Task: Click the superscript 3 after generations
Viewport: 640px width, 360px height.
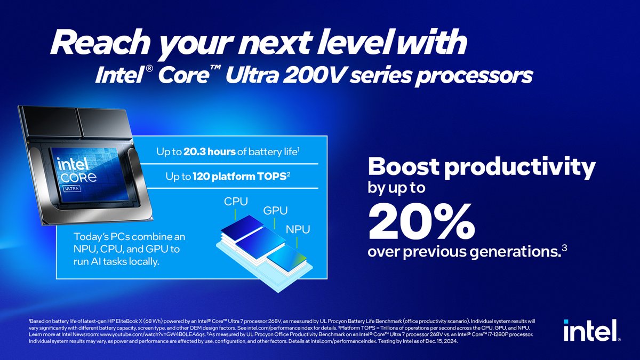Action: pos(564,247)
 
